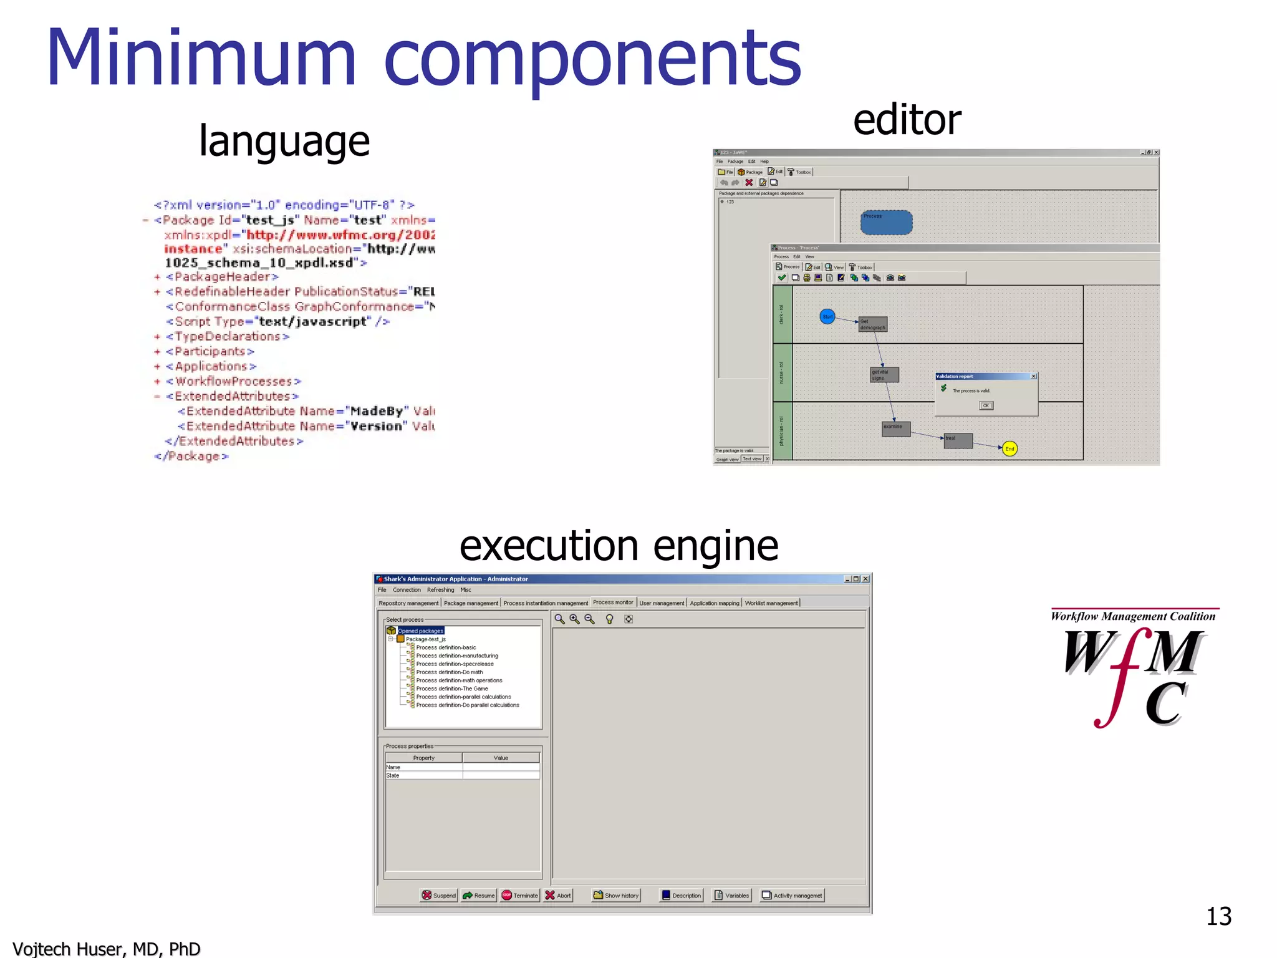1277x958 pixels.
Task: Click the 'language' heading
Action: pos(284,141)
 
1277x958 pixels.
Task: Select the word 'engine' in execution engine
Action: pos(715,546)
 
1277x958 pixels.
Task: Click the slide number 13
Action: pos(1218,916)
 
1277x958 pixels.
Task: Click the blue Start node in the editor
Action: pos(827,317)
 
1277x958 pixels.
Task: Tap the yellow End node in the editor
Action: pos(1010,448)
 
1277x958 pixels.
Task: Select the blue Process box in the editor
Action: pos(886,223)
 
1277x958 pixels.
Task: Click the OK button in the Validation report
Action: pos(986,405)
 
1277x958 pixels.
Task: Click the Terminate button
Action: pos(520,896)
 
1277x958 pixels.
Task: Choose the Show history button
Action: pos(616,896)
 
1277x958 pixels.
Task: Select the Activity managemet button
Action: pos(792,896)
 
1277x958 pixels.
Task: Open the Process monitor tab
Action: pos(613,602)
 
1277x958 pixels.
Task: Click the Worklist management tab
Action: pos(771,603)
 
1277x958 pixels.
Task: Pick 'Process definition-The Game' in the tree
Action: pos(452,689)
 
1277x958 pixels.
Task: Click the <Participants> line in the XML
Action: pos(210,352)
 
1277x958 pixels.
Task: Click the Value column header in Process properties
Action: pos(501,758)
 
